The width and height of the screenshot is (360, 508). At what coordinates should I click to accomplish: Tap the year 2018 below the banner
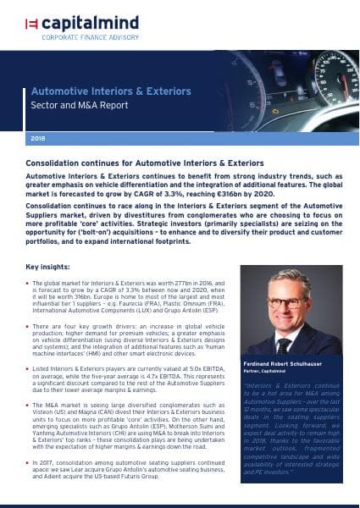(x=37, y=136)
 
